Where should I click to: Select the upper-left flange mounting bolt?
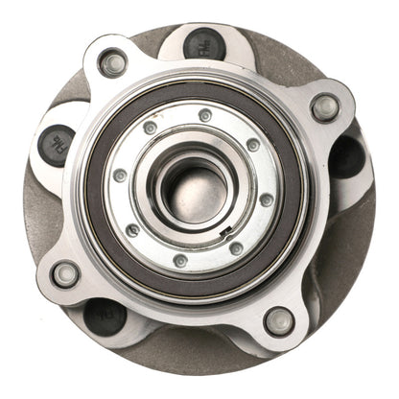click(x=113, y=64)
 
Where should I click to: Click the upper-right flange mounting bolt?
click(x=325, y=107)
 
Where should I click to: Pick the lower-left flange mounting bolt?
click(x=65, y=274)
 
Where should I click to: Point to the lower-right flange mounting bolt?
click(x=279, y=319)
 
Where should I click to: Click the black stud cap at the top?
click(x=203, y=43)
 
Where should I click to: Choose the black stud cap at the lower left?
click(x=105, y=316)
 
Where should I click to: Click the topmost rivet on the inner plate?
click(x=205, y=115)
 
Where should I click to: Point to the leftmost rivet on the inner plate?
click(x=120, y=176)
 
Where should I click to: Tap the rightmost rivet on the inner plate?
click(x=266, y=199)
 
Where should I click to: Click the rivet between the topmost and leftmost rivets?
click(x=151, y=127)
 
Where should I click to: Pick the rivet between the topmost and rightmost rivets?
click(x=252, y=145)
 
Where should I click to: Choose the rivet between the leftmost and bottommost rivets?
click(x=133, y=229)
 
